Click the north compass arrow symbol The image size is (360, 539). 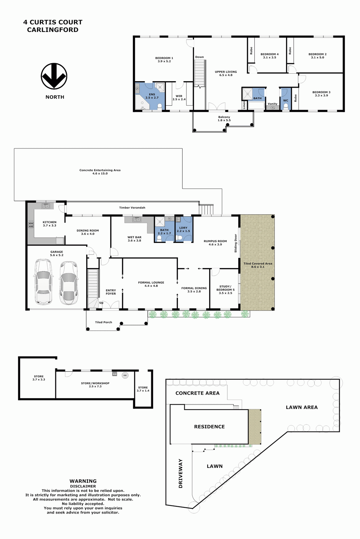coord(54,76)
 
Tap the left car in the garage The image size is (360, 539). coord(43,281)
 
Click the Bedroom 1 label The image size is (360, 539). coord(164,59)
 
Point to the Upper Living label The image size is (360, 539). coord(226,73)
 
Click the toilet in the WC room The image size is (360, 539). coord(286,106)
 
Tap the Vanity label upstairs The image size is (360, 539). coord(272,104)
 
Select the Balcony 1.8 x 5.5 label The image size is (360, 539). coord(224,119)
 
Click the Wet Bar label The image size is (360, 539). coord(134,239)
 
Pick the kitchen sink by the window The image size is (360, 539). coord(46,206)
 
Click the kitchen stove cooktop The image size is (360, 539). coord(31,224)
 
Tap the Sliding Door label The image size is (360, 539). coord(236,243)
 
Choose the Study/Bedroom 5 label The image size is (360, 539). coord(225,290)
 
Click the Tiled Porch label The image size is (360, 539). coord(103,322)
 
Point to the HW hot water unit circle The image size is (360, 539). coord(125,375)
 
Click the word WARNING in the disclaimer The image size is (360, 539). coord(83,481)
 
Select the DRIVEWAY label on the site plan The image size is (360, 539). coord(180,474)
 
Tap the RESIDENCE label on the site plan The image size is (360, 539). coord(209,427)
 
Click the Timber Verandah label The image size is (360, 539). coord(132,208)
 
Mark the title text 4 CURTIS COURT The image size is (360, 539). coord(53,22)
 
